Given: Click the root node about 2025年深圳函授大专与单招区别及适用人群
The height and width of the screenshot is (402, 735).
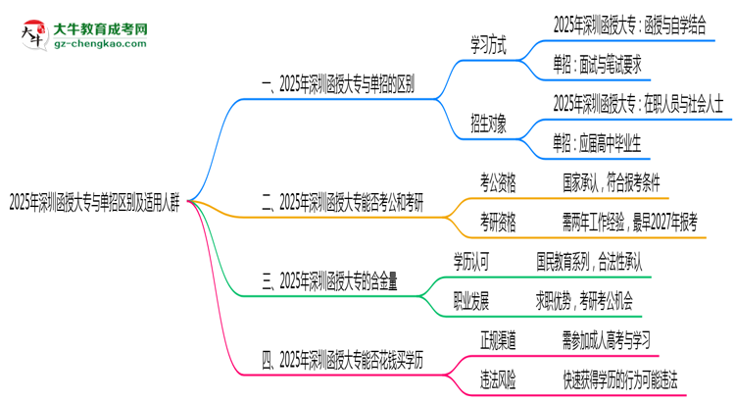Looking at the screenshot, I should point(94,204).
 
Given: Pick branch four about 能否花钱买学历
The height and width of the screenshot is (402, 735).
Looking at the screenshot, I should point(342,361).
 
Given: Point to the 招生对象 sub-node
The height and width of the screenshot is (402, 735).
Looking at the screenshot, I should point(490,125).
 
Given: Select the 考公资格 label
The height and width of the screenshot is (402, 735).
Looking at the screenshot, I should point(498,182).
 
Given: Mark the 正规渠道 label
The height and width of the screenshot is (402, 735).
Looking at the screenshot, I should point(499,340).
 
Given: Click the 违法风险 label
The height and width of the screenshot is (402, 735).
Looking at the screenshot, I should point(499,379).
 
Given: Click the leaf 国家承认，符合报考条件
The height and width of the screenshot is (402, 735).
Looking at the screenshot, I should point(612,182).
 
